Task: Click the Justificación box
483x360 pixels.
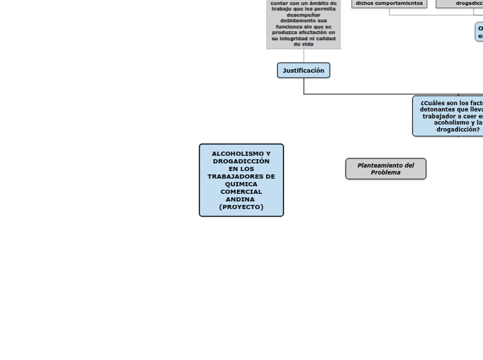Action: pyautogui.click(x=304, y=70)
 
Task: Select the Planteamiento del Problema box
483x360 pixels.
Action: pyautogui.click(x=385, y=169)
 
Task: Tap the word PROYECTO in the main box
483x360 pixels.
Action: pyautogui.click(x=241, y=207)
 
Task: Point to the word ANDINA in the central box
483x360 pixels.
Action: pyautogui.click(x=240, y=199)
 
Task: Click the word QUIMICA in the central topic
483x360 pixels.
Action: pyautogui.click(x=241, y=184)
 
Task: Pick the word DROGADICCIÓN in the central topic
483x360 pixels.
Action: pyautogui.click(x=241, y=161)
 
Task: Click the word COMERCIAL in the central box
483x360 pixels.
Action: pyautogui.click(x=241, y=192)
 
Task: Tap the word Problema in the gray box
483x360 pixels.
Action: pyautogui.click(x=385, y=172)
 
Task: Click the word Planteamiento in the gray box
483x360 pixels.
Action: pyautogui.click(x=379, y=165)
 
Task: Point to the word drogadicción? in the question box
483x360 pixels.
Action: pyautogui.click(x=458, y=129)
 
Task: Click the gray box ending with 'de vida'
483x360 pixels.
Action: pyautogui.click(x=304, y=24)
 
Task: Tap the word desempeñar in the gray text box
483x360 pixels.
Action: pyautogui.click(x=304, y=15)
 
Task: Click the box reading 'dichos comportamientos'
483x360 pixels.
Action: pyautogui.click(x=389, y=3)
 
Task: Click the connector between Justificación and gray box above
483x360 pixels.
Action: pyautogui.click(x=304, y=56)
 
